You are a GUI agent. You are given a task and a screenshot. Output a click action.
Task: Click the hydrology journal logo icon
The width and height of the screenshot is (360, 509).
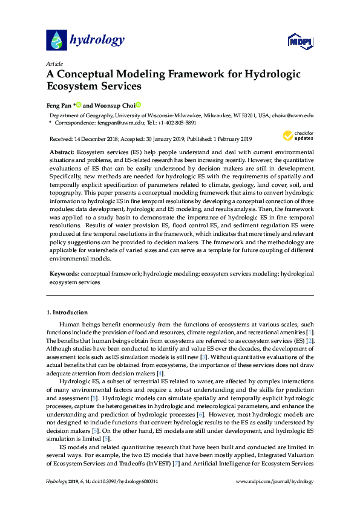56,41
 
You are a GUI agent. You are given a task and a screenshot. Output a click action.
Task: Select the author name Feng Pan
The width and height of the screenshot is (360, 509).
59,105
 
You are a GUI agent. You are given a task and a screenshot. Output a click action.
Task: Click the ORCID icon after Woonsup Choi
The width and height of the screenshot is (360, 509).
138,105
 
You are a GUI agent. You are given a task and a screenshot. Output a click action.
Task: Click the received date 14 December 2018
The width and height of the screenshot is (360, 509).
103,138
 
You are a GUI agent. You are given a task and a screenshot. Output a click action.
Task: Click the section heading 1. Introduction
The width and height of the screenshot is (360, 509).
67,313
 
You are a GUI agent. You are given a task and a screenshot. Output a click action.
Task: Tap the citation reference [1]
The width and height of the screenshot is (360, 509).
310,332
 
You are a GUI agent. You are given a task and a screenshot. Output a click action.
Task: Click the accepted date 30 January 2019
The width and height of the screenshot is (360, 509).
166,138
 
